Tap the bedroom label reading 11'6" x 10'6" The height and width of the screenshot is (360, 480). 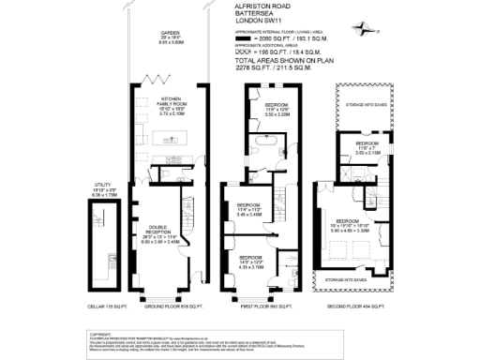coord(277,110)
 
